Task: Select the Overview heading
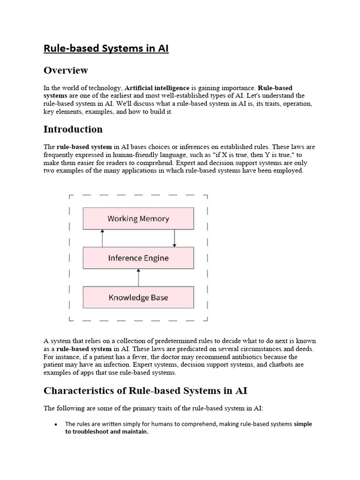tap(66, 70)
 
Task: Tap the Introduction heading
tap(73, 129)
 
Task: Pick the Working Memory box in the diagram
tap(138, 218)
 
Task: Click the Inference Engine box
tap(138, 258)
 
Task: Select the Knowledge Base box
tap(138, 297)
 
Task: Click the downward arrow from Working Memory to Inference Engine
tap(174, 238)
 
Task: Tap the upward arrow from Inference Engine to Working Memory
tap(102, 238)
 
